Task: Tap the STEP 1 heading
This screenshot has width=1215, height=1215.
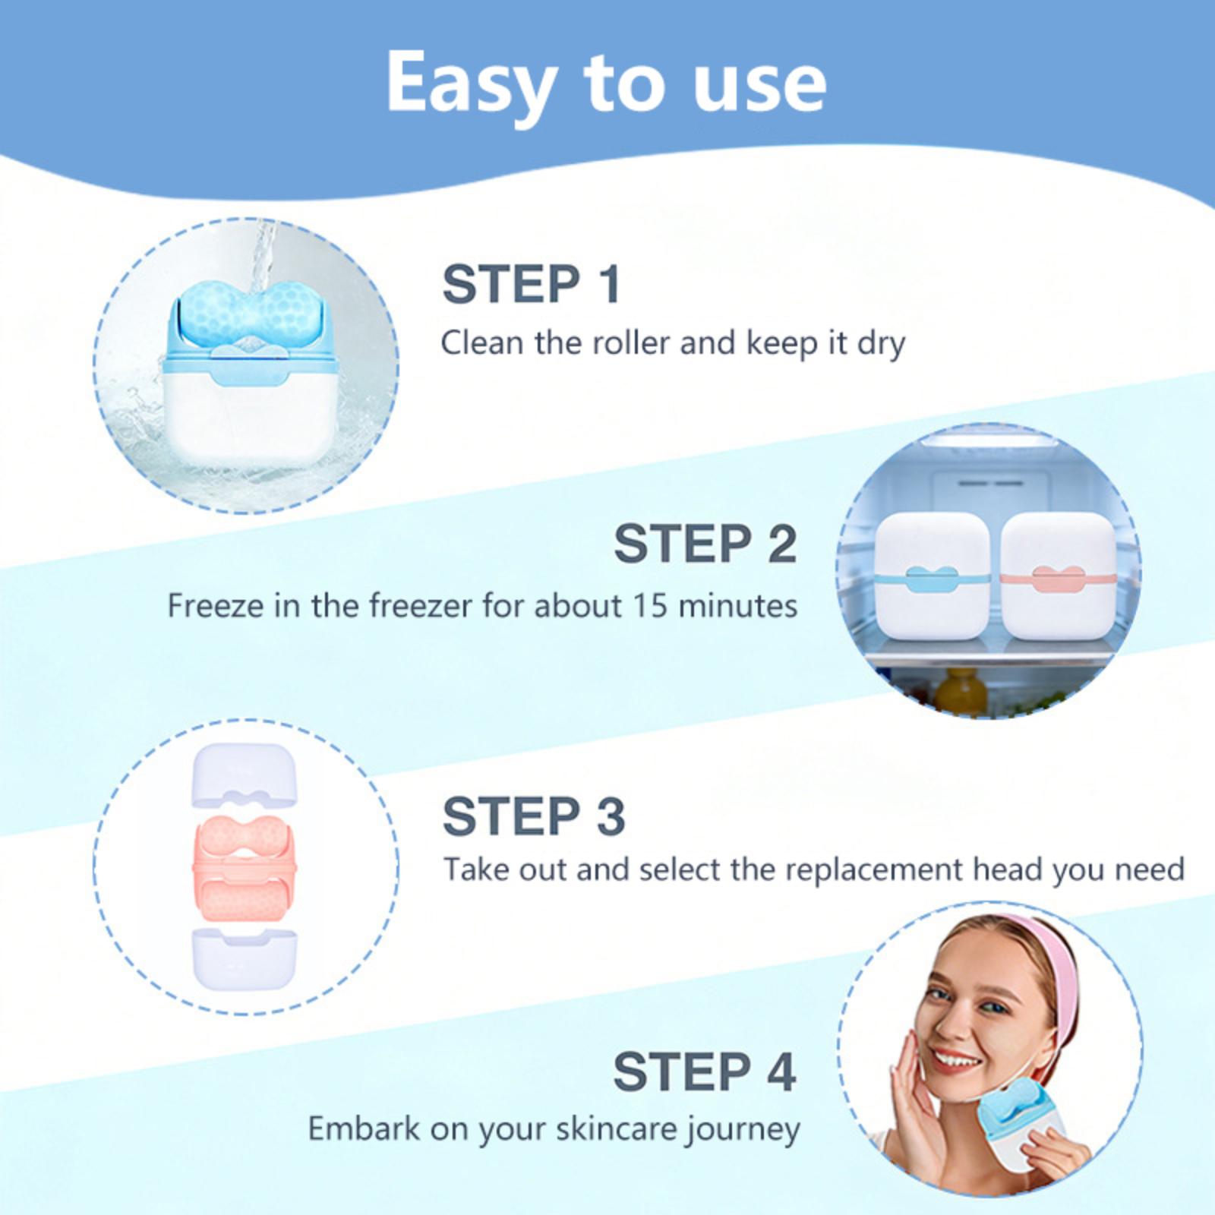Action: [532, 285]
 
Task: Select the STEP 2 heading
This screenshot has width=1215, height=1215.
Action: [705, 544]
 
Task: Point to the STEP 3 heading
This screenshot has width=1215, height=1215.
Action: [534, 816]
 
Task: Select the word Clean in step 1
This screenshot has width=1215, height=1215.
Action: [483, 342]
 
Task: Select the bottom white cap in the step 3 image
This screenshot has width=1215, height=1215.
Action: [245, 959]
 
